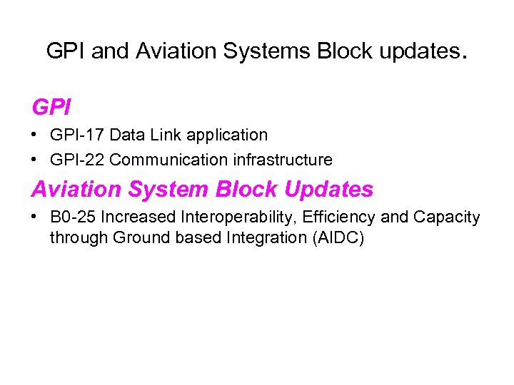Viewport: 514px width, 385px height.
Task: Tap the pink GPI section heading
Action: tap(51, 108)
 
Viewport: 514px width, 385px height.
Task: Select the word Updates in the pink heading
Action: tap(328, 190)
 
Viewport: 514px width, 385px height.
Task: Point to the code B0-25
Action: tap(73, 217)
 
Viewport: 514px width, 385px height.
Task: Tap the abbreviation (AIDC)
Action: tap(338, 237)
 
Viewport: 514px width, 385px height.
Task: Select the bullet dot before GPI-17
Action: tap(36, 135)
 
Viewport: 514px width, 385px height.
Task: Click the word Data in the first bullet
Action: tap(127, 135)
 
